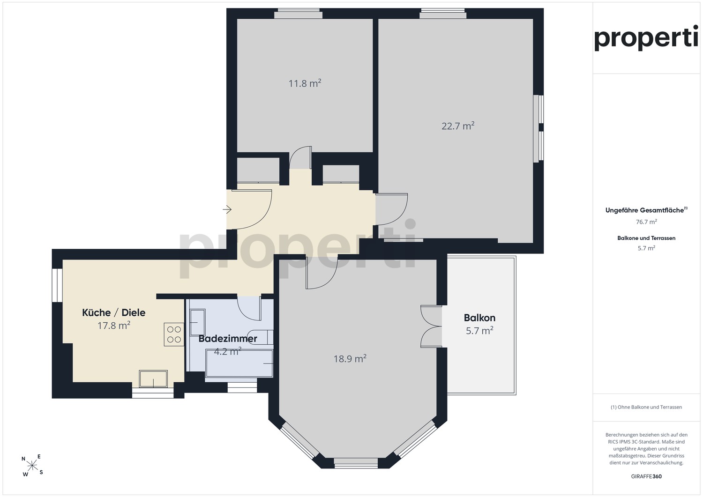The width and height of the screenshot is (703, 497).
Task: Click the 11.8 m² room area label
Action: coord(305,83)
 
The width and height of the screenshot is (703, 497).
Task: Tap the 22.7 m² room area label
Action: coord(458,126)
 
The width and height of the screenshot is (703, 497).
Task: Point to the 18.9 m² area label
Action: coord(350,359)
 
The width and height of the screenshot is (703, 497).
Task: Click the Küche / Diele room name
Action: coord(113,312)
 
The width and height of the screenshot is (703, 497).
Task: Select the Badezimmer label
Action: coord(228,339)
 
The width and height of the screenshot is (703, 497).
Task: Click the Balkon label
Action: coord(479,318)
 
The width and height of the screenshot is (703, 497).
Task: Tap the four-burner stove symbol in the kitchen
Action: coord(174,334)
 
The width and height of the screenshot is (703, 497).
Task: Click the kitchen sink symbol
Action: coord(153,379)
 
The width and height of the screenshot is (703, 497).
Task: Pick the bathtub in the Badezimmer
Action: coord(239,363)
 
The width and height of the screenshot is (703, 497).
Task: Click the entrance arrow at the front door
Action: coord(227,209)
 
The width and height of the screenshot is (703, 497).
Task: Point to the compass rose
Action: coord(32,465)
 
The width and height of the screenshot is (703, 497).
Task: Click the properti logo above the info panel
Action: coord(646,38)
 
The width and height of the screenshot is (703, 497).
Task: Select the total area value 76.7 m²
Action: coord(646,222)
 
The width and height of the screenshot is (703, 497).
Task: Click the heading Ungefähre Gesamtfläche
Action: coord(646,210)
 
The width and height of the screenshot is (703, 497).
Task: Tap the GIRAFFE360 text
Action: coord(646,476)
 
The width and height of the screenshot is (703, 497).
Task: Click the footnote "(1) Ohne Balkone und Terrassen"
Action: coord(646,407)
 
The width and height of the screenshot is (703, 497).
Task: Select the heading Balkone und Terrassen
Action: coord(646,238)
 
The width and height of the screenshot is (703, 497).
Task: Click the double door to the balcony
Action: coord(431,326)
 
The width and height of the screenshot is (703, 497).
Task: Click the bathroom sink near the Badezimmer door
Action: coord(197,322)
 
